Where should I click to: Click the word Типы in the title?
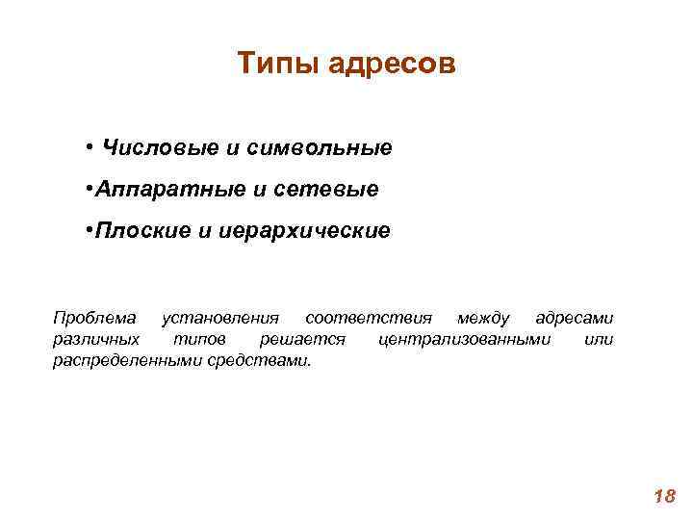[277, 65]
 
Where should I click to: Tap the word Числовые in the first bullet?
[159, 148]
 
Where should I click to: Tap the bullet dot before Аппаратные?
[88, 190]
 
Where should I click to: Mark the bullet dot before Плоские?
[88, 231]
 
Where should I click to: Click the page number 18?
[664, 497]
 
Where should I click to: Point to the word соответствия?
[368, 318]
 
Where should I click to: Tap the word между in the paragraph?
[483, 318]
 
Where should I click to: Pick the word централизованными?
[466, 339]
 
